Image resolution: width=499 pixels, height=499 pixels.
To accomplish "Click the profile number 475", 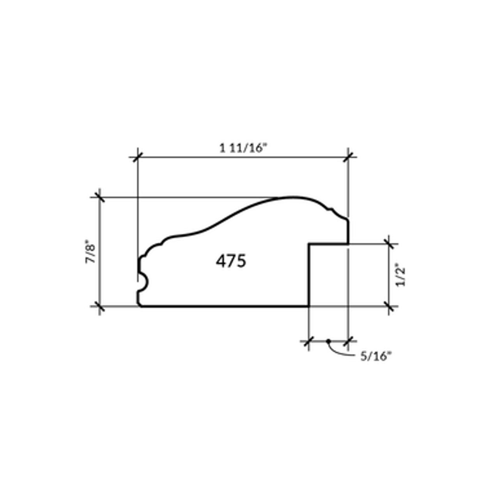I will (231, 261).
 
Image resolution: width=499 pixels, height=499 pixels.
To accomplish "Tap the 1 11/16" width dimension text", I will (243, 149).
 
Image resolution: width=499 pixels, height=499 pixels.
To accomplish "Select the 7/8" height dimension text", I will (90, 253).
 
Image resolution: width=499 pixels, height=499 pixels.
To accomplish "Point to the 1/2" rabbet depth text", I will (401, 276).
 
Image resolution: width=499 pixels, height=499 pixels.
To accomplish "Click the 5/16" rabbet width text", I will (375, 356).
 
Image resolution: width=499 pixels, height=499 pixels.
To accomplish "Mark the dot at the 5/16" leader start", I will (328, 341).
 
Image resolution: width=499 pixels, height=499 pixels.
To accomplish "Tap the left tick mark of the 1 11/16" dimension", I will (138, 157).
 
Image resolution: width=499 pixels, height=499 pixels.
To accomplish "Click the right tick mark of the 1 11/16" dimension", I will (348, 157).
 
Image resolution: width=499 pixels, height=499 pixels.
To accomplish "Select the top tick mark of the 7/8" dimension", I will (100, 197).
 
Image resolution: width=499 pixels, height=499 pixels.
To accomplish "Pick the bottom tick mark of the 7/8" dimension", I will (100, 306).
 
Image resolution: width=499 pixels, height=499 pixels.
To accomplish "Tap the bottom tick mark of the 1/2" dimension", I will (389, 306).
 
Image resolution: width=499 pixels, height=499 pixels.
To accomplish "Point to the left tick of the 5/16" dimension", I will (309, 341).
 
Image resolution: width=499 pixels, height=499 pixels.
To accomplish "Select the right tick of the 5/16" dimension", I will (348, 341).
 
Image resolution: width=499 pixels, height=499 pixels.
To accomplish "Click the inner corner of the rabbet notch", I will (309, 244).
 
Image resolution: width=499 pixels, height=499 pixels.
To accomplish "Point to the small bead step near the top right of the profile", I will (332, 211).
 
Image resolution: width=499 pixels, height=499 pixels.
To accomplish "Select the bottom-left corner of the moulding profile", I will (140, 306).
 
